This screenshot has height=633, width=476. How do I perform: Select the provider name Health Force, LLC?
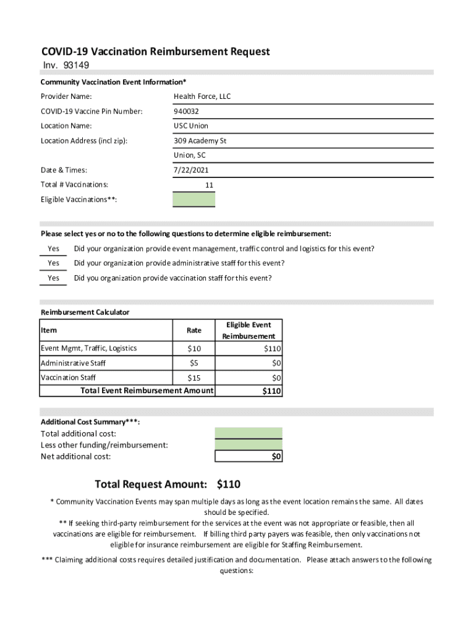pyautogui.click(x=202, y=96)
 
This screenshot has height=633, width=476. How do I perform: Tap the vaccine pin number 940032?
pyautogui.click(x=187, y=111)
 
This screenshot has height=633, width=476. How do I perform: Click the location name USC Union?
pyautogui.click(x=191, y=126)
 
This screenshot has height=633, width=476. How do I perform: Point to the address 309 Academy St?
pyautogui.click(x=200, y=141)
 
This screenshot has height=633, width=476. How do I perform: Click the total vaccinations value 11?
pyautogui.click(x=209, y=185)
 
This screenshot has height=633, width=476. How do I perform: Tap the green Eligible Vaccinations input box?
pyautogui.click(x=194, y=199)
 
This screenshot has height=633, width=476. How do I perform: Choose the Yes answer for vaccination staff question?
pyautogui.click(x=54, y=278)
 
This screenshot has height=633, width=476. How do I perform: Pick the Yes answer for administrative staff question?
pyautogui.click(x=54, y=263)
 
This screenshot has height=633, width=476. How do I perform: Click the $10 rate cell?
pyautogui.click(x=194, y=349)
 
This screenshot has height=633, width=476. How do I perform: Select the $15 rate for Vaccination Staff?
pyautogui.click(x=194, y=378)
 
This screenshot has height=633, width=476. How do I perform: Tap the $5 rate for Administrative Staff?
pyautogui.click(x=194, y=363)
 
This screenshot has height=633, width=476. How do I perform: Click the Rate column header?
pyautogui.click(x=194, y=331)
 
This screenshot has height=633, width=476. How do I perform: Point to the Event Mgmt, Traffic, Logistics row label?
pyautogui.click(x=88, y=349)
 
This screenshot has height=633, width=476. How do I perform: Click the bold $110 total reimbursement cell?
pyautogui.click(x=271, y=391)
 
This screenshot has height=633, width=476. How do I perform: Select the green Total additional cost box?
pyautogui.click(x=249, y=433)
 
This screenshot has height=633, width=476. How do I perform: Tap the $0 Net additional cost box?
pyautogui.click(x=249, y=456)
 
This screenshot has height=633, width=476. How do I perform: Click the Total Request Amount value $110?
pyautogui.click(x=229, y=484)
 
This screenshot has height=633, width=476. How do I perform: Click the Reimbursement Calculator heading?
pyautogui.click(x=85, y=312)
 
